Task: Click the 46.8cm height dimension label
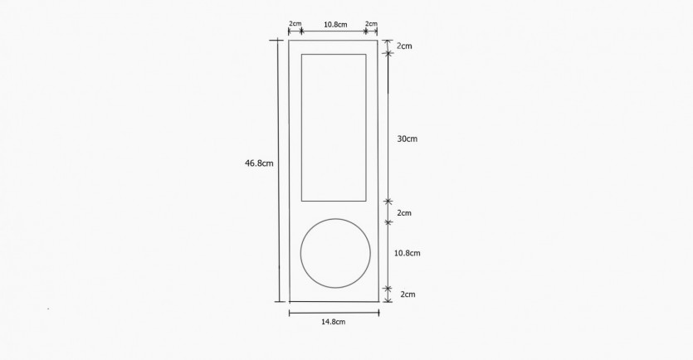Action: pos(259,163)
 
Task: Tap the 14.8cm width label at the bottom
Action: pos(334,322)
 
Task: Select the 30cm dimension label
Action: pos(407,139)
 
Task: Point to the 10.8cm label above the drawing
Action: pos(335,24)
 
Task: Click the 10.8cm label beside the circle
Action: pos(407,253)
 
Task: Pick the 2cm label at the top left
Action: pos(295,23)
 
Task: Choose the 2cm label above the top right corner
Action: pos(371,23)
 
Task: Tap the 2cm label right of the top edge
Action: pos(404,46)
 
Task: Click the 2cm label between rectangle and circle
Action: pos(404,213)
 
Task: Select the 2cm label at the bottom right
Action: pos(408,294)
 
